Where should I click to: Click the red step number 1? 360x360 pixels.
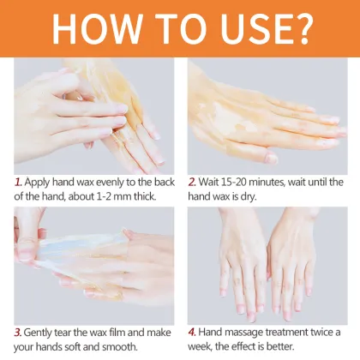(18, 182)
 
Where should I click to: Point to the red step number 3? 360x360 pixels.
(18, 331)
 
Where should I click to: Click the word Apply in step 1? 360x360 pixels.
(39, 182)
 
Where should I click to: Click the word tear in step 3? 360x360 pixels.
(74, 331)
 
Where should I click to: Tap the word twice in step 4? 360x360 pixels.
(320, 331)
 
